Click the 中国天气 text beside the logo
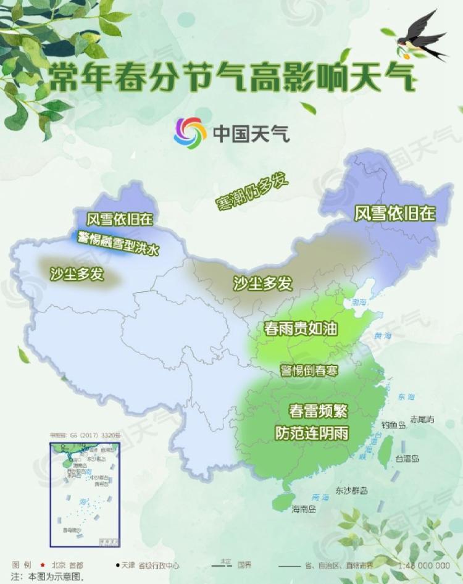click(251, 132)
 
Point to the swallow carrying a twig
click(421, 38)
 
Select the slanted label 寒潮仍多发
click(252, 192)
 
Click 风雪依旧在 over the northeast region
click(394, 214)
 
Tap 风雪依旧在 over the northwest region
click(119, 219)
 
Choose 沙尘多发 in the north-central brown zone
click(262, 283)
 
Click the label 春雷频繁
click(318, 410)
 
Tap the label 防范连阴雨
click(312, 433)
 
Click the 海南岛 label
click(304, 509)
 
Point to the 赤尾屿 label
click(422, 419)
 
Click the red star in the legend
click(42, 565)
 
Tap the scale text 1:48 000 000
click(424, 565)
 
